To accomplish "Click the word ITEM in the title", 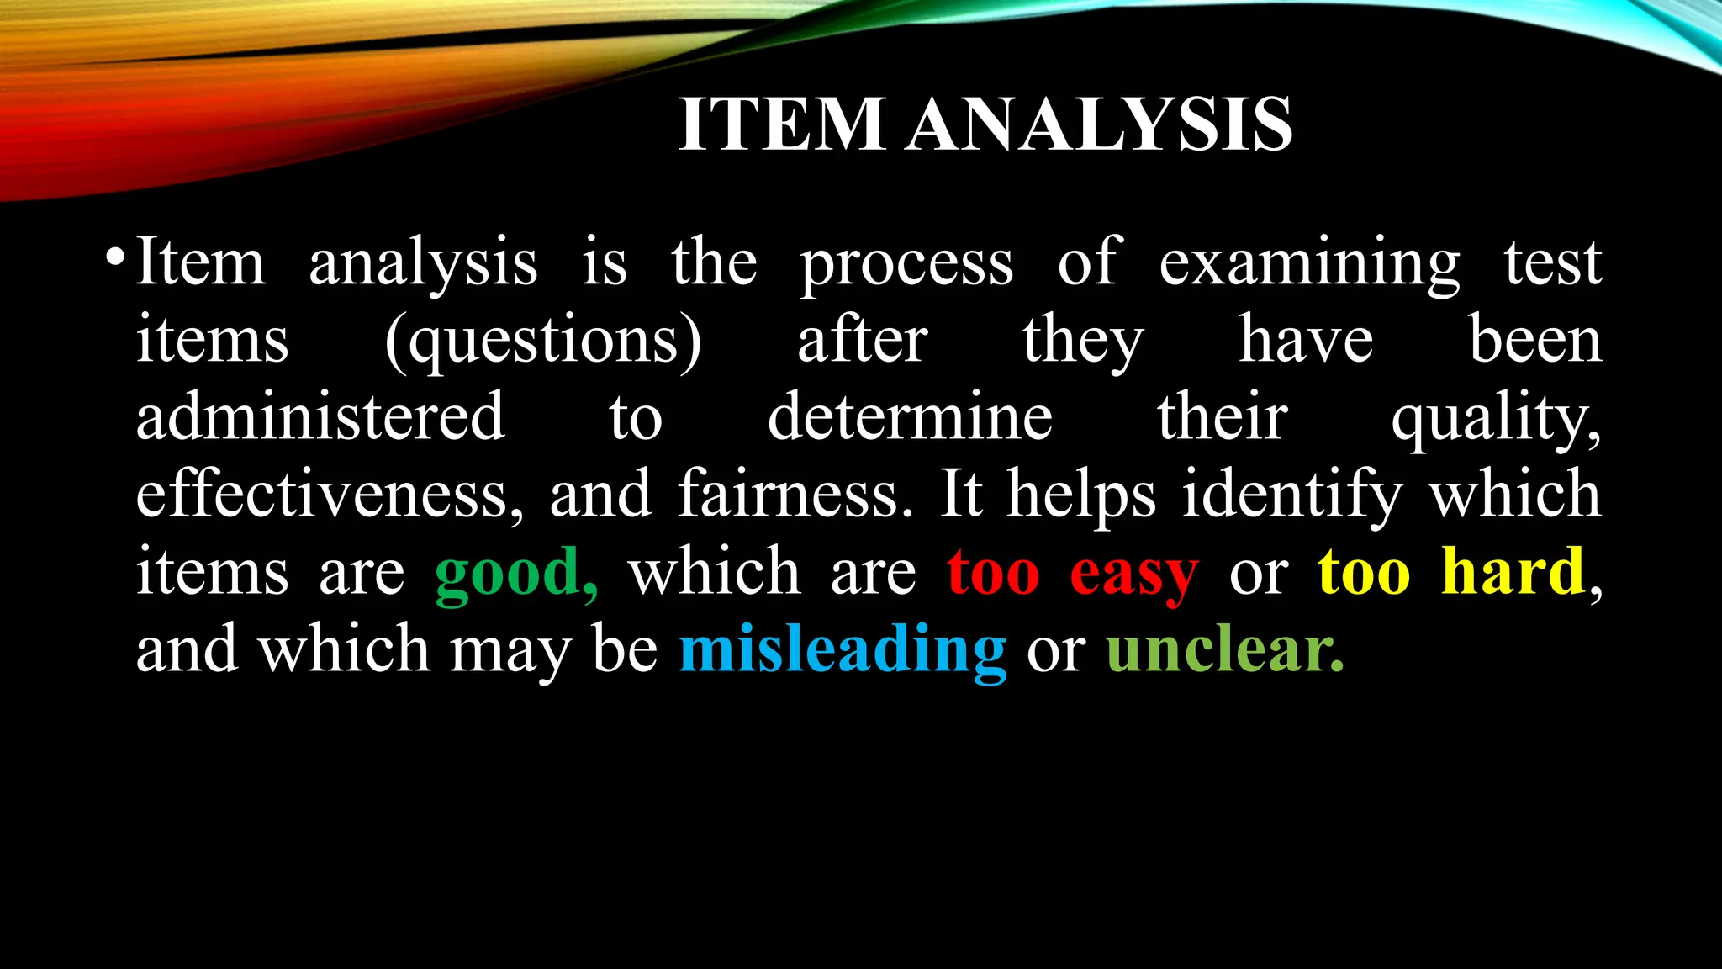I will pos(782,124).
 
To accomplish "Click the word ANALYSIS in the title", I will pos(1099,124).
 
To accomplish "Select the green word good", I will pos(515,574).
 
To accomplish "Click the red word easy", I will pos(1133,574).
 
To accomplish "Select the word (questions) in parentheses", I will pos(543,341).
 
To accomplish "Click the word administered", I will pos(320,418).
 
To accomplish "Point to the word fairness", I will pos(795,495).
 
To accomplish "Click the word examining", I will pos(1309,264).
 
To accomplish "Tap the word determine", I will pos(910,418).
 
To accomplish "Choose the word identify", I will pos(1292,495).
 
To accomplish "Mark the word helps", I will pos(1082,495).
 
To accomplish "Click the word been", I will pos(1535,341).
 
